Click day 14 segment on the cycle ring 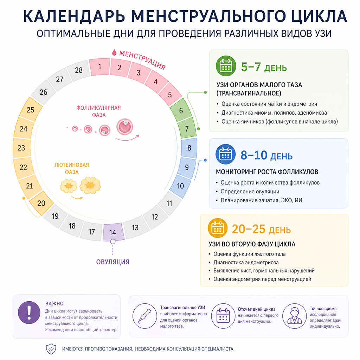[x=113, y=232]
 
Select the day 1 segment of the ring [x=99, y=67]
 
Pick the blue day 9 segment [x=187, y=167]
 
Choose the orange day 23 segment [x=22, y=148]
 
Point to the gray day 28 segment [x=78, y=70]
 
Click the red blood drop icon [x=114, y=53]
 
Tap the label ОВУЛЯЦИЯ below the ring [x=113, y=262]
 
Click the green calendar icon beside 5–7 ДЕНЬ [x=226, y=66]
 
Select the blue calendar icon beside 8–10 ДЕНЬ [x=225, y=154]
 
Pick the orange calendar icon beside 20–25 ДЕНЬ [x=218, y=228]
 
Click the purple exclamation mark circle [x=29, y=313]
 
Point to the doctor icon [x=295, y=316]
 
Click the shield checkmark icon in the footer [x=51, y=349]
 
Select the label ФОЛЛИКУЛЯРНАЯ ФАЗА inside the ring [x=99, y=111]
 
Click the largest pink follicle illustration [x=125, y=127]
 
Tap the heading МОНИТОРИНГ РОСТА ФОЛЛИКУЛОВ [x=267, y=172]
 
